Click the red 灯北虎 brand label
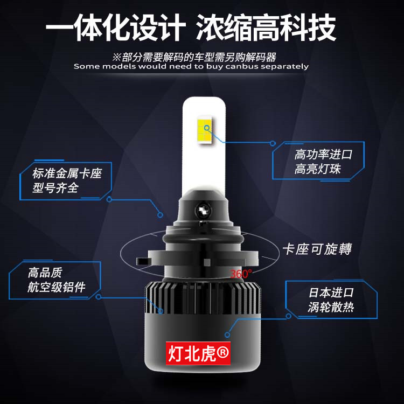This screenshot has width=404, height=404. [198, 353]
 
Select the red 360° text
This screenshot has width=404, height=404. [240, 274]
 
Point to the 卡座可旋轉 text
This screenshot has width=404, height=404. [317, 249]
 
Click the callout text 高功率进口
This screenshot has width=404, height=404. [323, 155]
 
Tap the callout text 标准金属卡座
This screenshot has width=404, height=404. [67, 173]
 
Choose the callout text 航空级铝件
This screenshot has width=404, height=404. [56, 287]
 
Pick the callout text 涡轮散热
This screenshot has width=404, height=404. [331, 307]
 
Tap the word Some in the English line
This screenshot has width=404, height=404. [87, 66]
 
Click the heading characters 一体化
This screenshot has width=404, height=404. [88, 27]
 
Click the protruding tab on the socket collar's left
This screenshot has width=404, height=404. [143, 261]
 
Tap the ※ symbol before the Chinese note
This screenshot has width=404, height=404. [117, 57]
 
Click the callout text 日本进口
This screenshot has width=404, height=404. [331, 292]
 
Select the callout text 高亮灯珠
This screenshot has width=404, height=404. [317, 169]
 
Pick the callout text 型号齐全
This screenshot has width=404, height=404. [55, 188]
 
